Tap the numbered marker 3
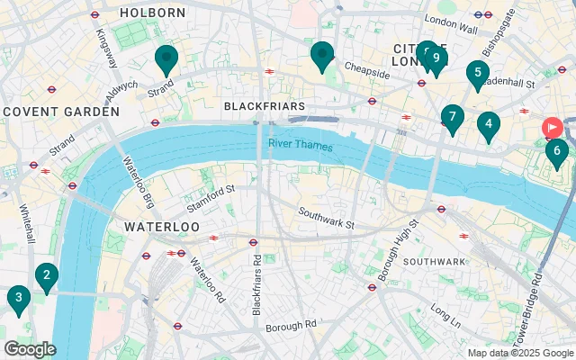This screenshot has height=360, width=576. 17,298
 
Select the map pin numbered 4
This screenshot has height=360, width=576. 488,125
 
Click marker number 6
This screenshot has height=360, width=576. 557,151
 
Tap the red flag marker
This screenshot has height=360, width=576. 552,129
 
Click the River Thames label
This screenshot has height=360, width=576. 300,145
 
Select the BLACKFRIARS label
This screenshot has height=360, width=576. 264,106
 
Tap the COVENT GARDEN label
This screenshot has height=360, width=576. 61,112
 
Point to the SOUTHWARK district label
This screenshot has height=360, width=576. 434,261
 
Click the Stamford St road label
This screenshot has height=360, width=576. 211,190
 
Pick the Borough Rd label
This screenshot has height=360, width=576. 291,324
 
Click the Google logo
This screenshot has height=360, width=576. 29,349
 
